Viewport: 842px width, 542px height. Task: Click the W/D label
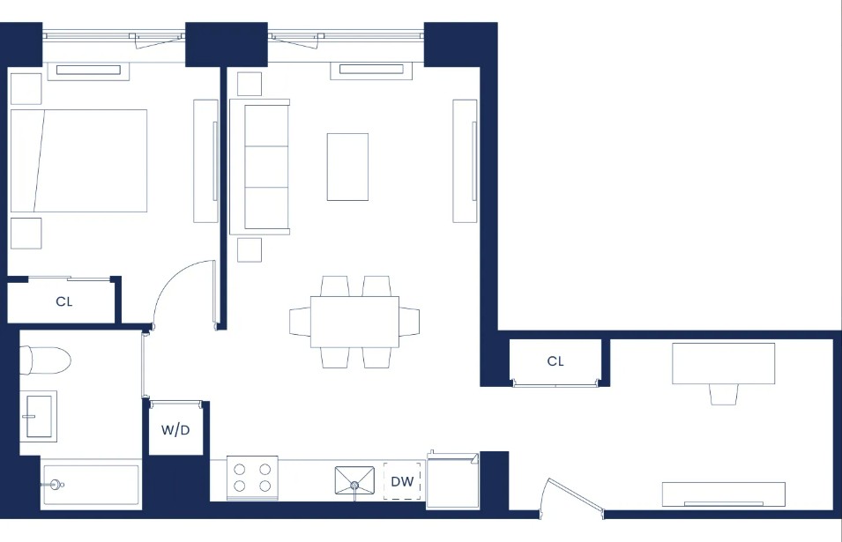175,430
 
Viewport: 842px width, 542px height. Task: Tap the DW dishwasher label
402,481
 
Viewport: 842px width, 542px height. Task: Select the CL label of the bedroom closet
63,301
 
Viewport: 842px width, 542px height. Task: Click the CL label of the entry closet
555,361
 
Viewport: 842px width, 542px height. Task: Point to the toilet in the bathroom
45,360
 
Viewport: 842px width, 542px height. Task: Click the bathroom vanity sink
39,417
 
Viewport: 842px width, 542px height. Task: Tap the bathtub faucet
54,485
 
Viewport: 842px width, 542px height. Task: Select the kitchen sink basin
354,479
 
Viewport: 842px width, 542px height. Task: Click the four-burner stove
252,478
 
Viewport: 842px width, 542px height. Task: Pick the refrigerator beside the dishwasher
452,480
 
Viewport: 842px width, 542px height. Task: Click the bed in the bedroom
79,161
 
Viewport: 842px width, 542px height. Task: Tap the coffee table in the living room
347,167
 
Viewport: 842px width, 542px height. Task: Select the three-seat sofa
260,167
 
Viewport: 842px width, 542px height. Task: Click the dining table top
354,322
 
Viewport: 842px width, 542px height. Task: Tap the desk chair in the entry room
723,395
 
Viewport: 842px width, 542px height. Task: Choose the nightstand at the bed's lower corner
26,234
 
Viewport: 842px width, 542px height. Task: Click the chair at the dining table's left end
300,322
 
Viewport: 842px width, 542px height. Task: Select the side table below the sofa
250,250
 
